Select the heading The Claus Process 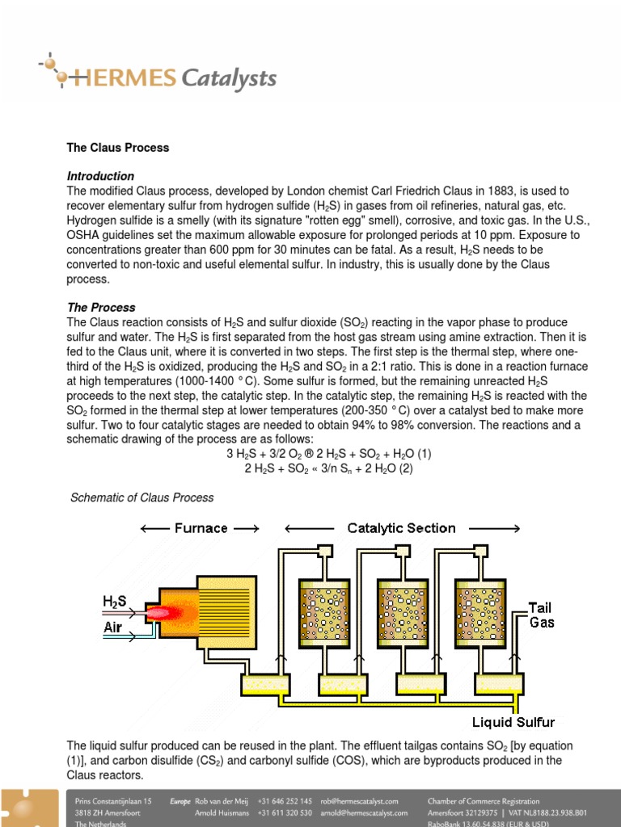coord(117,148)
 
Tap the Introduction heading coord(100,176)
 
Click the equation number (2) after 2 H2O coord(403,468)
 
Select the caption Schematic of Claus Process coord(143,497)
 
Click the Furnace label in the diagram coord(201,528)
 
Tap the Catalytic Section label coord(401,528)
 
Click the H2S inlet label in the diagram coord(113,602)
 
